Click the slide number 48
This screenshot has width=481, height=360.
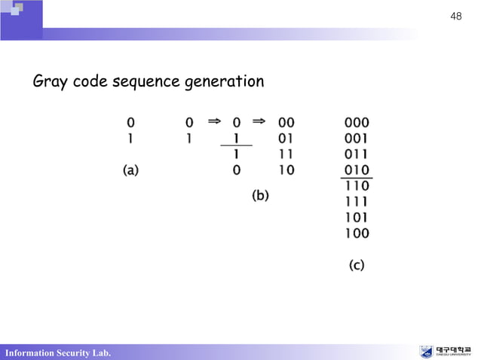point(455,16)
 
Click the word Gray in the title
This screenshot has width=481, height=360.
point(51,81)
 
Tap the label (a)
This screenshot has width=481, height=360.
point(131,171)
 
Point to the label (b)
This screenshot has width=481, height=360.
point(260,196)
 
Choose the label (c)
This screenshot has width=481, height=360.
point(357,265)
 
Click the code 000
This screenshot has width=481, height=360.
point(357,122)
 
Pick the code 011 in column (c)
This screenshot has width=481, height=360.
point(357,154)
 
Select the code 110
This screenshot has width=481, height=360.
point(357,185)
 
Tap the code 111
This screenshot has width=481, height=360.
point(357,201)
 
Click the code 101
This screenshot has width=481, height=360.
point(357,217)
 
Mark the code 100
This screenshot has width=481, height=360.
point(357,233)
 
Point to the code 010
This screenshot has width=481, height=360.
point(357,169)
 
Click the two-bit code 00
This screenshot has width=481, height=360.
point(286,122)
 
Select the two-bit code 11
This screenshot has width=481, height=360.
point(286,154)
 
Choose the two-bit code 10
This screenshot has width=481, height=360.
point(286,170)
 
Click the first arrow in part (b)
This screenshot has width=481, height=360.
point(213,120)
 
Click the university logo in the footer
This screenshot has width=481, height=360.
point(448,352)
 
